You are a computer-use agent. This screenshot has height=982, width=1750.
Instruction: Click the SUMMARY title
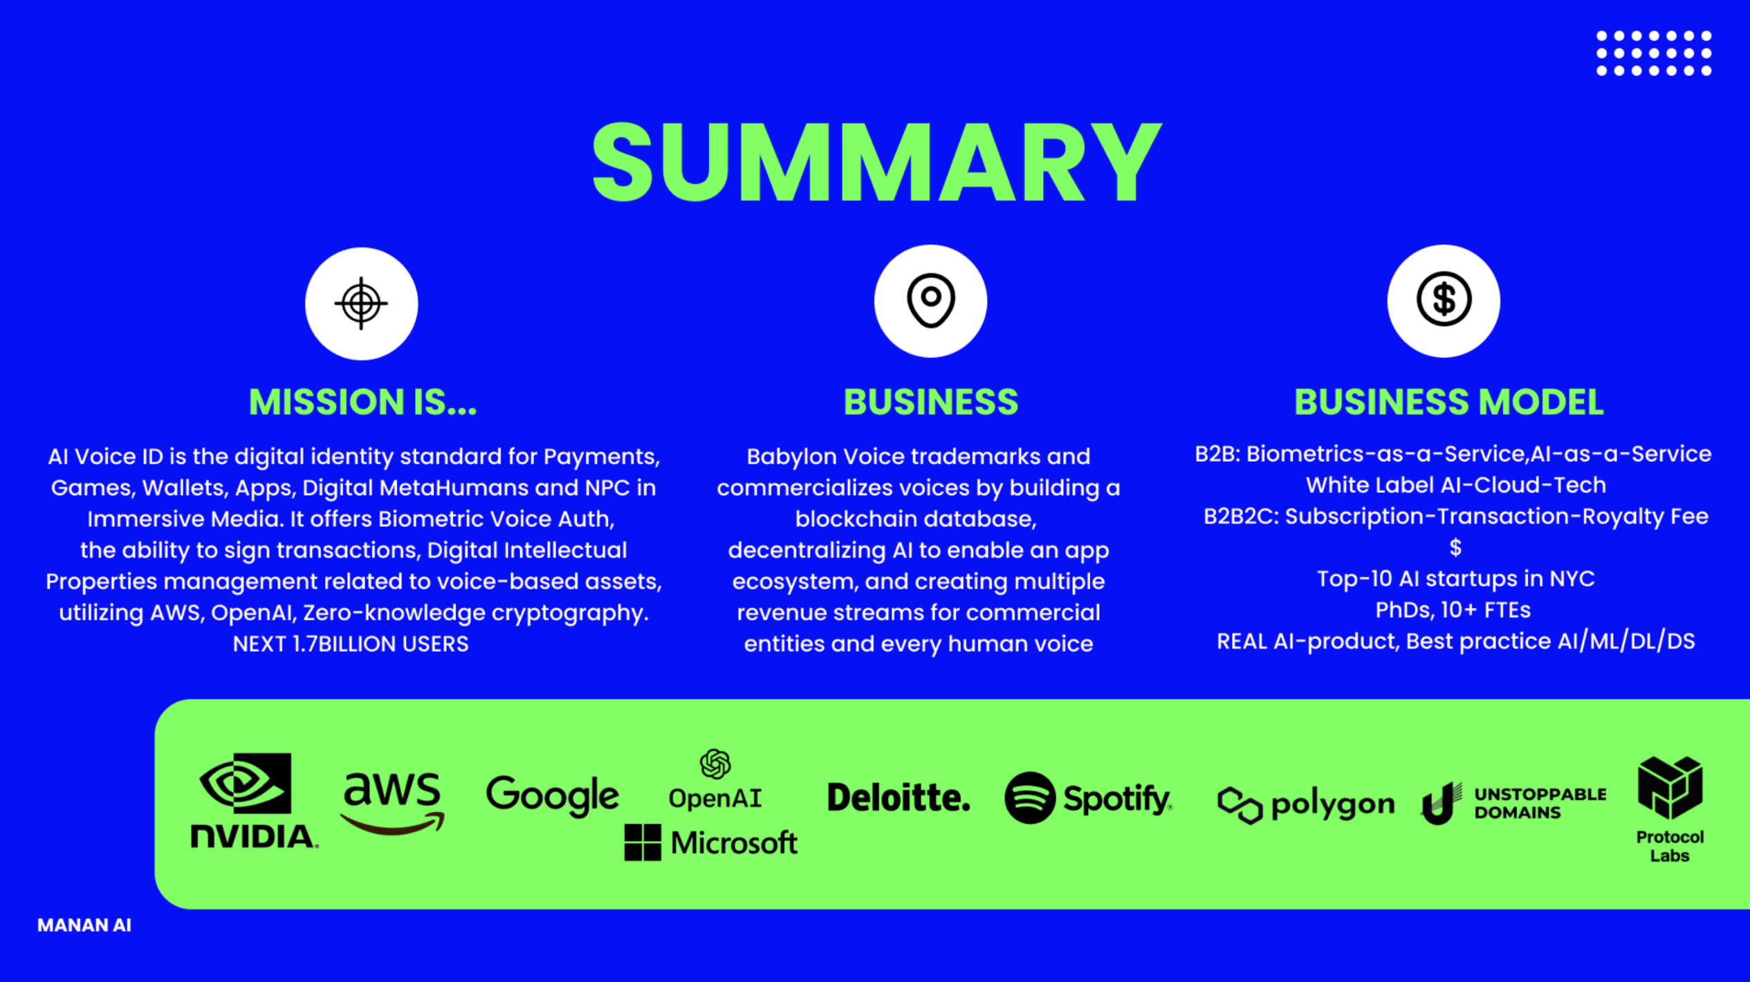(x=876, y=163)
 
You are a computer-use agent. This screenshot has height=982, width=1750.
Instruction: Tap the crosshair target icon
(x=361, y=303)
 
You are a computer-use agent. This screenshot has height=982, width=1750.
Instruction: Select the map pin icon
(x=930, y=301)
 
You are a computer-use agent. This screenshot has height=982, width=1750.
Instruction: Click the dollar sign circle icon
(x=1443, y=301)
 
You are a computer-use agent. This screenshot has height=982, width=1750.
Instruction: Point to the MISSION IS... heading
(x=362, y=402)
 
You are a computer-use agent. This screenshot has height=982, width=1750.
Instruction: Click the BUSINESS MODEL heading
(x=1448, y=402)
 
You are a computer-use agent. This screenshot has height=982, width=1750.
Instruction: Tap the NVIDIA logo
(x=253, y=800)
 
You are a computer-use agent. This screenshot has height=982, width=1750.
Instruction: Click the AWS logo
(x=392, y=802)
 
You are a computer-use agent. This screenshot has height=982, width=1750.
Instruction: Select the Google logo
(x=552, y=795)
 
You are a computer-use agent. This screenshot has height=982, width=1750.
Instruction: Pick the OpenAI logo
(x=715, y=780)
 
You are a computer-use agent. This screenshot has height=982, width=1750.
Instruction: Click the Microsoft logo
(x=711, y=842)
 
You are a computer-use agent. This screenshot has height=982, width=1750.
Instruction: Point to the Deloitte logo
(x=898, y=797)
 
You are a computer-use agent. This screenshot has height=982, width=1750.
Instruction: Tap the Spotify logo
(x=1088, y=798)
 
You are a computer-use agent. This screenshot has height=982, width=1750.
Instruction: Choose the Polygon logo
(x=1305, y=805)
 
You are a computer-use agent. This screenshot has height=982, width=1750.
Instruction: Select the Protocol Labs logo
(x=1670, y=809)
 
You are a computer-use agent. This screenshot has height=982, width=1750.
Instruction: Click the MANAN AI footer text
(x=84, y=925)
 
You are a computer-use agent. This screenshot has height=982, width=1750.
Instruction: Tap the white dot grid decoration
(x=1653, y=53)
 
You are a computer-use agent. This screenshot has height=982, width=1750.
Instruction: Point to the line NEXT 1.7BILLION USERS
(x=351, y=644)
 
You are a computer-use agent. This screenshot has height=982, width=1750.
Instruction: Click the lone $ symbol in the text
(x=1455, y=548)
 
